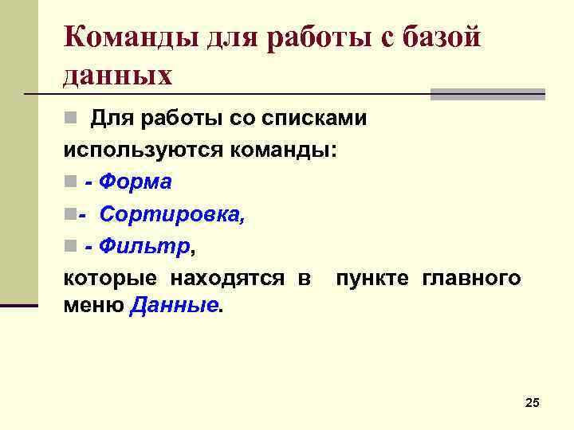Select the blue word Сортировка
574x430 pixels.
tap(172, 214)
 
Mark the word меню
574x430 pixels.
tap(92, 307)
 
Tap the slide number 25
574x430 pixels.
tap(533, 404)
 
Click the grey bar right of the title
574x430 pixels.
tap(487, 94)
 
